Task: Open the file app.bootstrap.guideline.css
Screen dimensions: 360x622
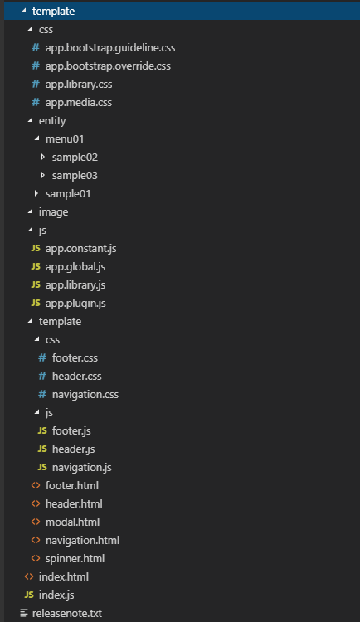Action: click(x=110, y=48)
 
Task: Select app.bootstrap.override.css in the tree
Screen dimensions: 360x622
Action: click(x=108, y=66)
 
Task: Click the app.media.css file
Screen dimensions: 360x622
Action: click(x=79, y=103)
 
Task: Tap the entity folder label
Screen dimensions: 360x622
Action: click(x=52, y=121)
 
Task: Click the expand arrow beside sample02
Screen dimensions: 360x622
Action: click(x=43, y=157)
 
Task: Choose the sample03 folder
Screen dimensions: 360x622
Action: click(x=75, y=176)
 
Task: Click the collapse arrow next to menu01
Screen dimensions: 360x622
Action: click(x=37, y=138)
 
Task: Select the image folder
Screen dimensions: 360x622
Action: click(x=53, y=212)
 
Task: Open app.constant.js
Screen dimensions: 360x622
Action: click(x=80, y=249)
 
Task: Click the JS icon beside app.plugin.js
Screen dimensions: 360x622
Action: click(x=36, y=303)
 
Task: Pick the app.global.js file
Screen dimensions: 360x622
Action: click(x=75, y=267)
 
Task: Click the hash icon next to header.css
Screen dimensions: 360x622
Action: click(x=42, y=376)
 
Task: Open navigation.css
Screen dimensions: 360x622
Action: click(x=85, y=395)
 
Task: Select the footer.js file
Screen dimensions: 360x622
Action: click(x=71, y=431)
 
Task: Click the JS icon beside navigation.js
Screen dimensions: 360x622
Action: click(x=42, y=467)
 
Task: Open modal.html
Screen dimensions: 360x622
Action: click(x=72, y=522)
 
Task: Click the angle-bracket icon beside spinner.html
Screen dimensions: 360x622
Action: click(x=36, y=558)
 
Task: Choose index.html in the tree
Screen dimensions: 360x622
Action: click(x=64, y=577)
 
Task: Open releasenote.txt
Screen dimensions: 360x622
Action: click(x=67, y=614)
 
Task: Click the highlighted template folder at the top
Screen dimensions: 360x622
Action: click(x=53, y=11)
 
